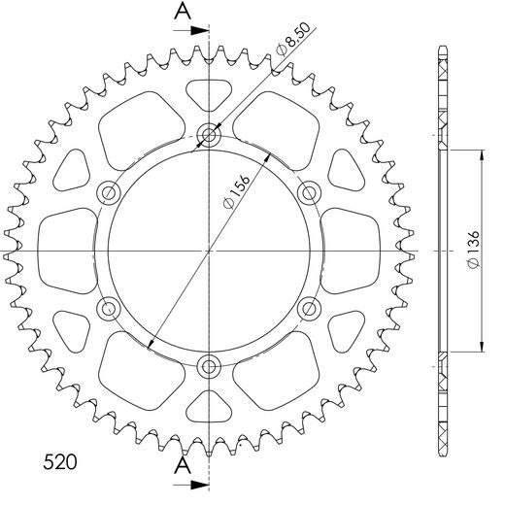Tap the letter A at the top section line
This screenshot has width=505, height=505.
182,12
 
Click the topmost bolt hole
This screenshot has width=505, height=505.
209,135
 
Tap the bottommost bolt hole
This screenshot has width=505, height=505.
209,367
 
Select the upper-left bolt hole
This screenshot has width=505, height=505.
108,191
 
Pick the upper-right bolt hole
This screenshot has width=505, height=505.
310,191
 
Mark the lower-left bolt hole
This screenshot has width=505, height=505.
108,310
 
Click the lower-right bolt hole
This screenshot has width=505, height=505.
310,310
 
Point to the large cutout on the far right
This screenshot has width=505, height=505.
352,252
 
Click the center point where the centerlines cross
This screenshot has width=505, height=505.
209,252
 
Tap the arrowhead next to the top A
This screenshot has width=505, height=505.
202,30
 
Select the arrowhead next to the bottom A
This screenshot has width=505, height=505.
202,482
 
